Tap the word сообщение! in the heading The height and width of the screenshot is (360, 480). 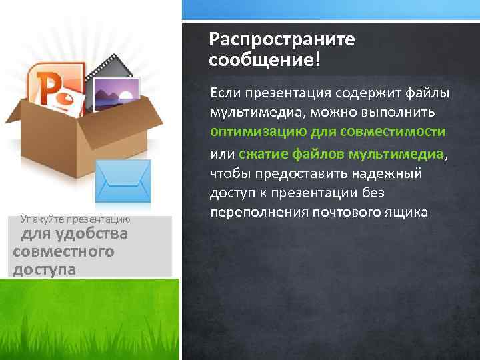click(x=264, y=61)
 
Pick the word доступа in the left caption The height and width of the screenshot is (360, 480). click(x=43, y=268)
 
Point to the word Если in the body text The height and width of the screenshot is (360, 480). click(x=225, y=91)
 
